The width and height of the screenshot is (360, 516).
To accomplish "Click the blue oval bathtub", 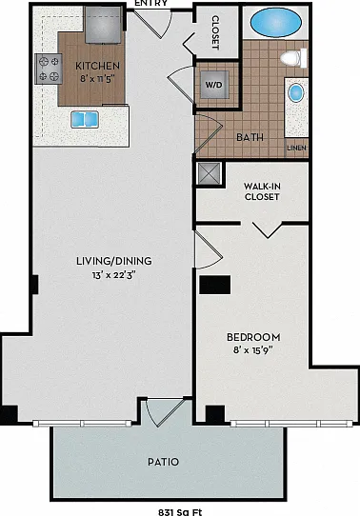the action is click(x=276, y=23).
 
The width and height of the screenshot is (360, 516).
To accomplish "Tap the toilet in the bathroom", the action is click(x=293, y=58).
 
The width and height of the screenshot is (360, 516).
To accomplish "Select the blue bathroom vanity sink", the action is click(x=296, y=92).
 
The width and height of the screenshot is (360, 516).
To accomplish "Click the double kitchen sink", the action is click(x=85, y=119).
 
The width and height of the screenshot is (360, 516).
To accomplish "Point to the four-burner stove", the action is click(x=49, y=69).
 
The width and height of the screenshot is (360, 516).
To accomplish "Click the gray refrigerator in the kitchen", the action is click(x=103, y=25).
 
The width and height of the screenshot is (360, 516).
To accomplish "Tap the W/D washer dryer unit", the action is click(x=214, y=85).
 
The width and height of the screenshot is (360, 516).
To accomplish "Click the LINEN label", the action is click(x=297, y=149).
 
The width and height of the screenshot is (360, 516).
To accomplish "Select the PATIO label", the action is click(x=163, y=462).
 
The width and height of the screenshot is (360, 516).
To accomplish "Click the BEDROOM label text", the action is click(x=253, y=337).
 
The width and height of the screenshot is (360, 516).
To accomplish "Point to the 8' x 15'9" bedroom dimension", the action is click(x=253, y=349).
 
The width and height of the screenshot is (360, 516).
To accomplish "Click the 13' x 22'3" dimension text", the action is click(x=114, y=275).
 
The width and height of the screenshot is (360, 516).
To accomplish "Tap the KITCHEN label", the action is click(x=97, y=66).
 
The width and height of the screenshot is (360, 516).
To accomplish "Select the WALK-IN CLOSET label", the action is click(x=262, y=191).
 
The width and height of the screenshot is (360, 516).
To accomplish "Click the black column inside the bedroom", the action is click(x=215, y=285).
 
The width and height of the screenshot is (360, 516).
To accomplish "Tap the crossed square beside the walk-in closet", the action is click(x=209, y=174).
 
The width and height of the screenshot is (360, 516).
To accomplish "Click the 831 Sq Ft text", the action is click(x=180, y=512).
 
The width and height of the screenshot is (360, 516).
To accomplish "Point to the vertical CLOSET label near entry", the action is click(x=215, y=32).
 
